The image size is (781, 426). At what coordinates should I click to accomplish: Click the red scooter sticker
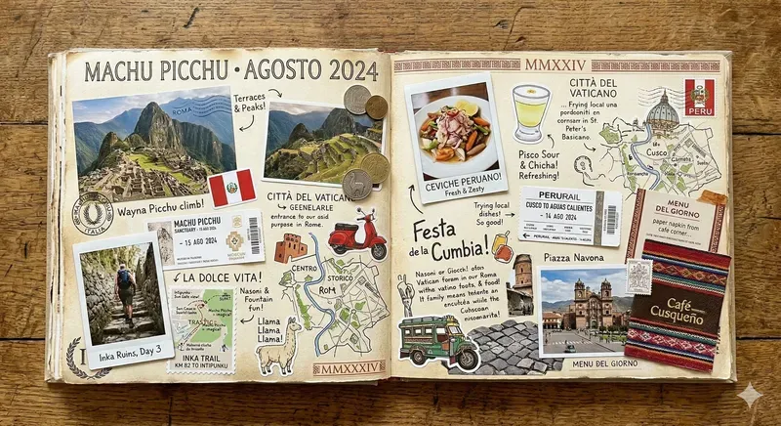356,235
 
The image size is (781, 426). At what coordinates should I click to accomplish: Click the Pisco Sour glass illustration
531,111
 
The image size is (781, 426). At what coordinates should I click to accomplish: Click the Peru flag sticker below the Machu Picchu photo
231,188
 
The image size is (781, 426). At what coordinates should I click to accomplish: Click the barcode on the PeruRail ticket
611,219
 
